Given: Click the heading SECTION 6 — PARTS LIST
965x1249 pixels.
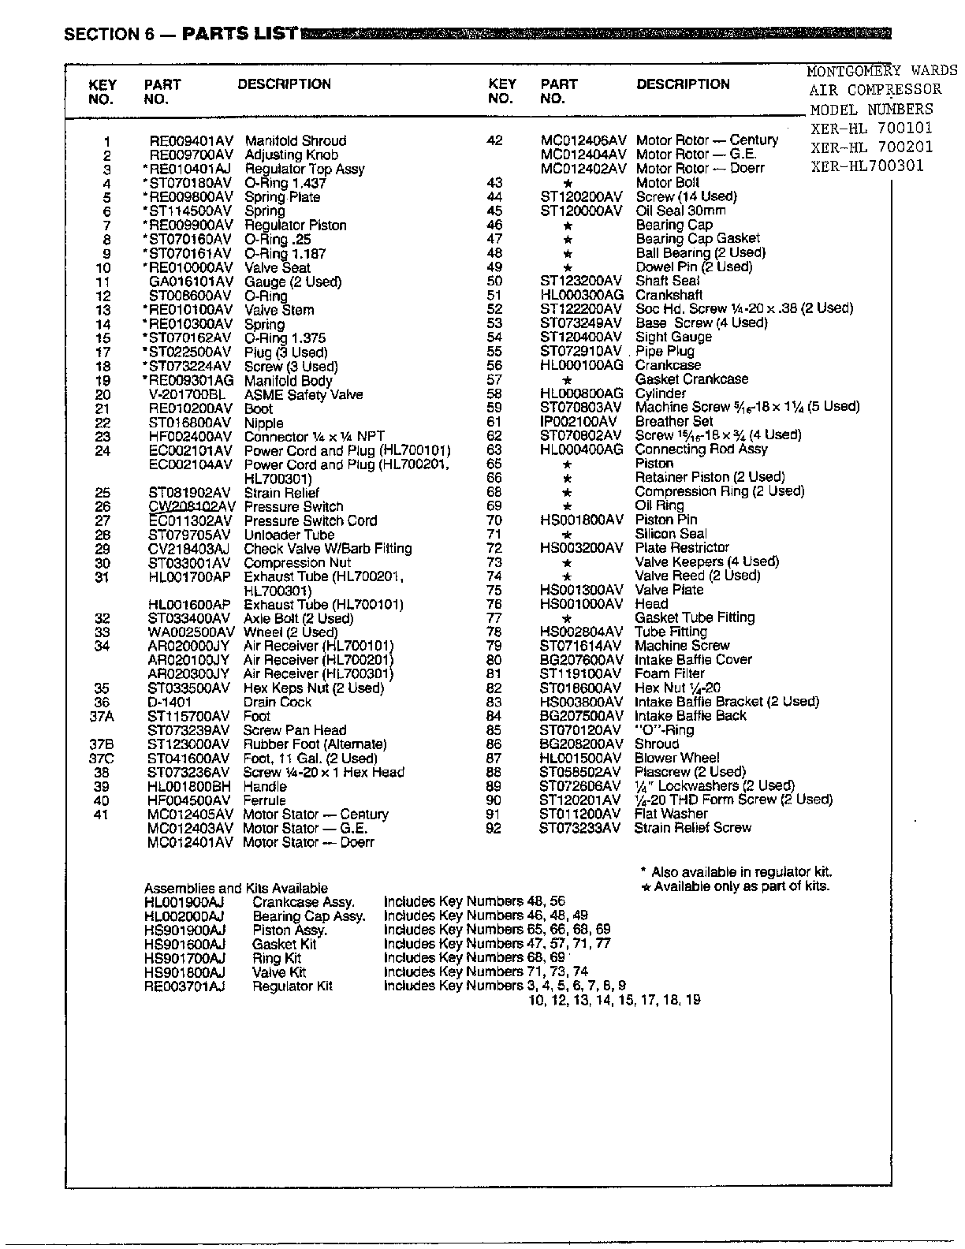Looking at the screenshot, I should (181, 34).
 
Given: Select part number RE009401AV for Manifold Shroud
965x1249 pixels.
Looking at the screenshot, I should (192, 141).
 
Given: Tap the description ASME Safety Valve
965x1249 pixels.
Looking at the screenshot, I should (304, 395).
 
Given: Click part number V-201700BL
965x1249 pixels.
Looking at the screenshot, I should (188, 395).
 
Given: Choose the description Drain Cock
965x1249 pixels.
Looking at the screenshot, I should (278, 702).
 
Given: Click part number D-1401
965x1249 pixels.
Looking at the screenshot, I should (170, 702).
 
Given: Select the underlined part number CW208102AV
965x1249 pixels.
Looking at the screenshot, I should (192, 507).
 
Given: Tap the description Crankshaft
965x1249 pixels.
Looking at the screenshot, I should (669, 295).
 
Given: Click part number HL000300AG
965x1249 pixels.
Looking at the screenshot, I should (582, 295).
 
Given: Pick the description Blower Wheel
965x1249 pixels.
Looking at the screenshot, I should (676, 758).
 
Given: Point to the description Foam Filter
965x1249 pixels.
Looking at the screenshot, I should (669, 673).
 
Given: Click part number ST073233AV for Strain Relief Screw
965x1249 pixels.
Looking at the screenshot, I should (580, 828).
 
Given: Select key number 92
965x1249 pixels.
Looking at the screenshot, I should (494, 828).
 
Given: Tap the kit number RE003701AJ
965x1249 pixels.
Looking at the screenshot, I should (184, 986).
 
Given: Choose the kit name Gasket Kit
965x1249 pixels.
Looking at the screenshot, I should (284, 944).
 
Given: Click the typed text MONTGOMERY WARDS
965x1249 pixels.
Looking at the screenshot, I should (881, 71).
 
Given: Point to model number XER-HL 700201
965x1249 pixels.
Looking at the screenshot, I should (871, 147).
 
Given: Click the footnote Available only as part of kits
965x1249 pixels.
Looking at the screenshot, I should (741, 886).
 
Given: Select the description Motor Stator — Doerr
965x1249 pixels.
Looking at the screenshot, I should (308, 843).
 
